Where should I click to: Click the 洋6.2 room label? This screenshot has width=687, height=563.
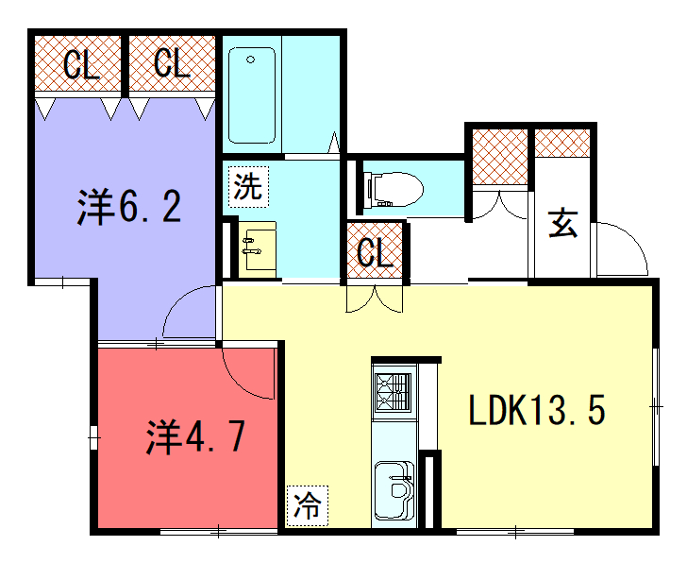point(128,207)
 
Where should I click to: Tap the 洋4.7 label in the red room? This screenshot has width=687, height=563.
point(195,436)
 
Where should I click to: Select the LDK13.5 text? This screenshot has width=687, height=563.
point(537,410)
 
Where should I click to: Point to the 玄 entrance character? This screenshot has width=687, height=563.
point(563,223)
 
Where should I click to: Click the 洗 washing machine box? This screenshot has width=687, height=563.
point(248,187)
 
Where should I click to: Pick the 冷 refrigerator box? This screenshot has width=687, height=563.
point(307,506)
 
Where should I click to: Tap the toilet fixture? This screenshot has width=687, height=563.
point(394,190)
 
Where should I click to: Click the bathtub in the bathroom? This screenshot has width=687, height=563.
point(252,95)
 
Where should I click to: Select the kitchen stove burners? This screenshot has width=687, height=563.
point(394,392)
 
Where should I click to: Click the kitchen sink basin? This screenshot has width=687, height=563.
point(394,490)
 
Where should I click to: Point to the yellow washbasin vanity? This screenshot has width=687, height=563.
point(258,250)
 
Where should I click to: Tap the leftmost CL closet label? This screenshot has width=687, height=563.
point(81,65)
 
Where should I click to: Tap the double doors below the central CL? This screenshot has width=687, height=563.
point(374,299)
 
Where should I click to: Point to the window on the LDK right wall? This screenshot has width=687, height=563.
point(656,406)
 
